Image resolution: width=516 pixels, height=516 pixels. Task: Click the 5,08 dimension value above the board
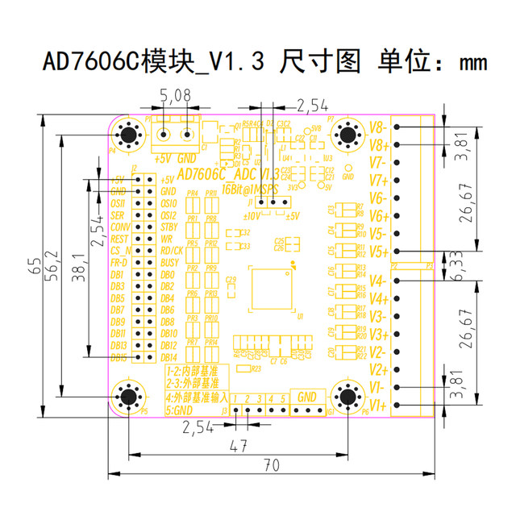coord(176,96)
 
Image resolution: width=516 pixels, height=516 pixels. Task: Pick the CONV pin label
coord(118,227)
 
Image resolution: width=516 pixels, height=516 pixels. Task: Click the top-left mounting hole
coord(128,134)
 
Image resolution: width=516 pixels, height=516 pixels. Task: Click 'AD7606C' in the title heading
coord(92,61)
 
